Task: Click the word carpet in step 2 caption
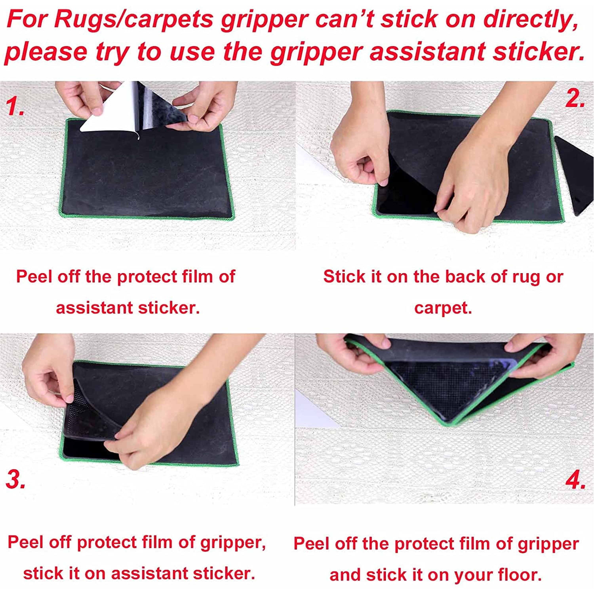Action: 443,308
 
